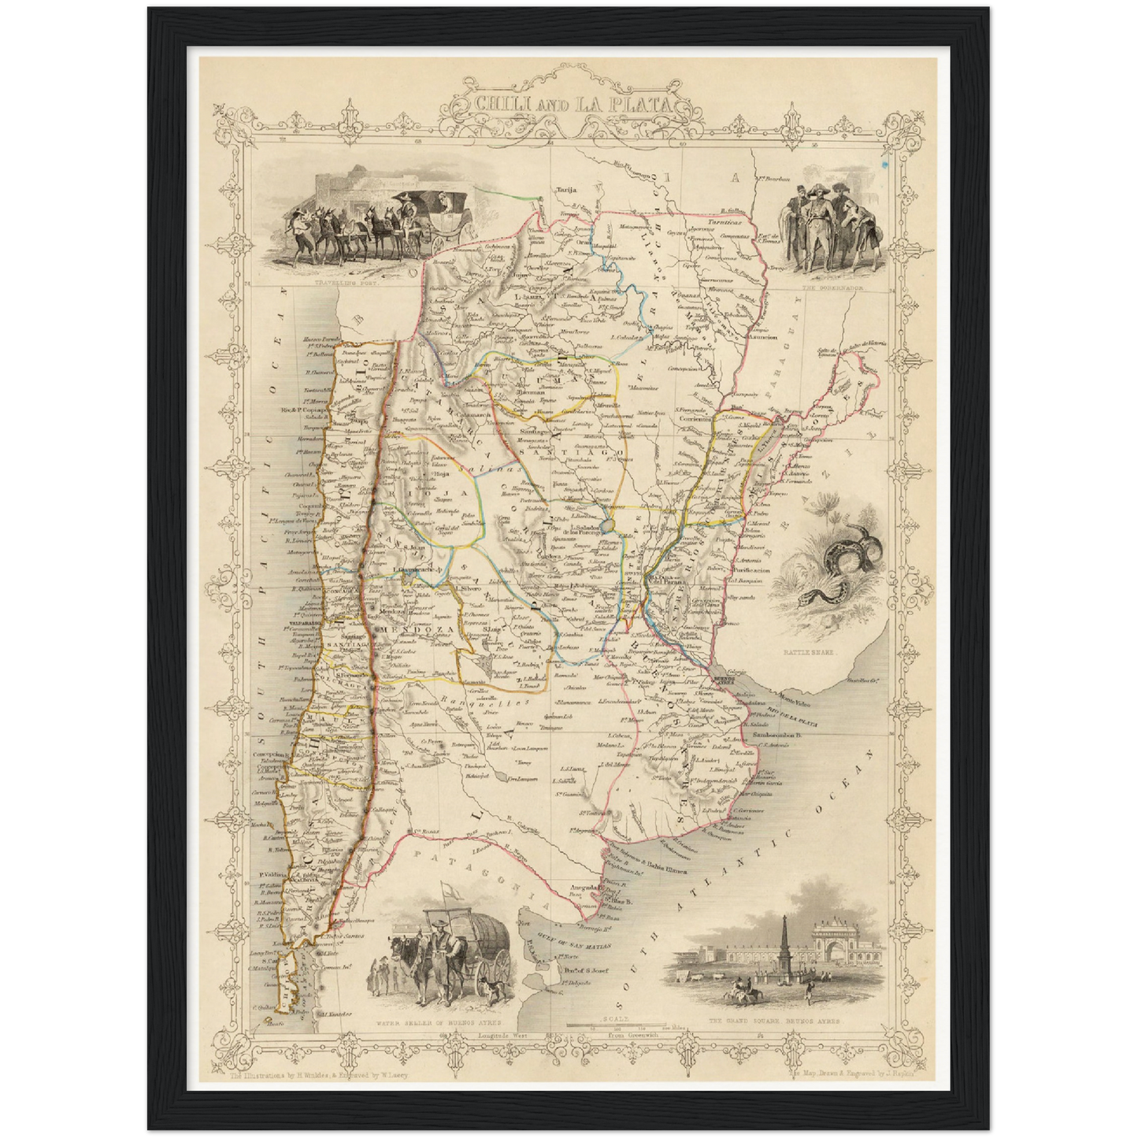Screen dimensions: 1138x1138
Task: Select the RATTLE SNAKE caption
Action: pyautogui.click(x=808, y=653)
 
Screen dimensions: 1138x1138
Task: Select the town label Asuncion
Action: pyautogui.click(x=762, y=337)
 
